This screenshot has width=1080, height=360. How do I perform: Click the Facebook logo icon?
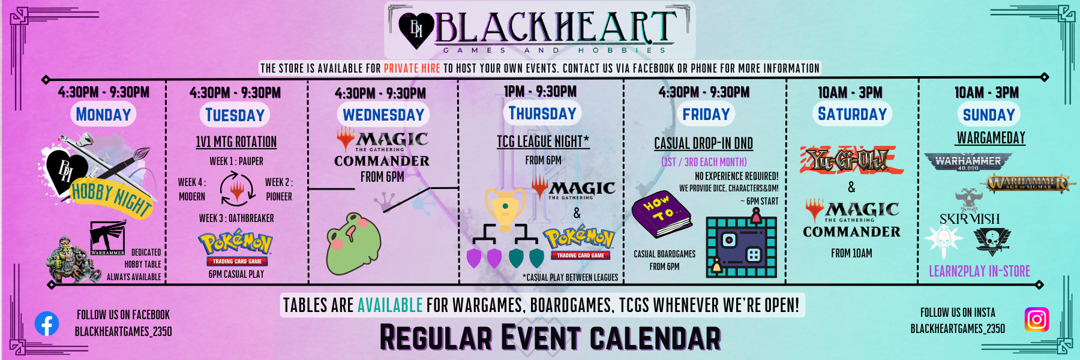point(47,324)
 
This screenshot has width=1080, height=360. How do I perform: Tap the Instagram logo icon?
point(1036,319)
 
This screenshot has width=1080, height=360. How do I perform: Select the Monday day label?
point(103,115)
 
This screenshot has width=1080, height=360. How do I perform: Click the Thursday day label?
point(542,113)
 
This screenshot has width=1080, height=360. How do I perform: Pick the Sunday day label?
point(988,115)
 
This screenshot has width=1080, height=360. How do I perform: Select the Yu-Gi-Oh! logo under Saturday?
point(851,160)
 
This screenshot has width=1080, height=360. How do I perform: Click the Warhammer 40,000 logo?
point(968,162)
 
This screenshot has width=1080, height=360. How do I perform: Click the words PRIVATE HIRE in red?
point(412,68)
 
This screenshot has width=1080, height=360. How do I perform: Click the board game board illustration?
point(741,247)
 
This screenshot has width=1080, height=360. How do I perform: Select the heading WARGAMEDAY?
point(991,138)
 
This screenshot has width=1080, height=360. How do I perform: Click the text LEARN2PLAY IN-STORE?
point(979,271)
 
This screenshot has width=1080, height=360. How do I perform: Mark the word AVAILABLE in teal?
point(390,305)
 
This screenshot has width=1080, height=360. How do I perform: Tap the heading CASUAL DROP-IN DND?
point(703,143)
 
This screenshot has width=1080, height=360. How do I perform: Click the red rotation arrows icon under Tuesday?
point(237,189)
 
